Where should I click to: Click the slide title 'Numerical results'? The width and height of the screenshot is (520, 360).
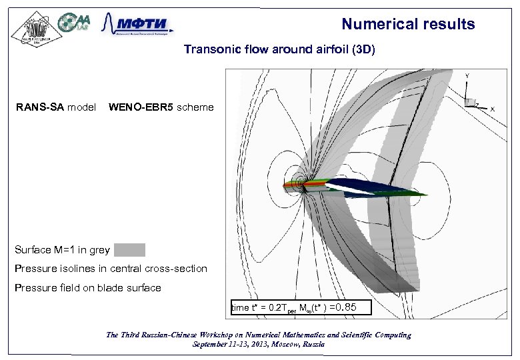tap(408, 25)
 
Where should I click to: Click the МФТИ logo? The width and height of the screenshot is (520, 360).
tap(137, 26)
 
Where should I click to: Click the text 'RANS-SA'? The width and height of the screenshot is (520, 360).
tap(39, 107)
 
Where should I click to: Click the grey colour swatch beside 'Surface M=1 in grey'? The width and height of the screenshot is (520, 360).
tap(129, 250)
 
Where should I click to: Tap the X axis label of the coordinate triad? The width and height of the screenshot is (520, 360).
tap(492, 109)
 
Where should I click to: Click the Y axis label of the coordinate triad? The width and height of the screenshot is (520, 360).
tap(466, 76)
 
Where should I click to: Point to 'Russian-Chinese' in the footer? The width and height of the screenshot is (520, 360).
tap(172, 335)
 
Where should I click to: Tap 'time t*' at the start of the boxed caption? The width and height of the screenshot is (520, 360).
tap(244, 308)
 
